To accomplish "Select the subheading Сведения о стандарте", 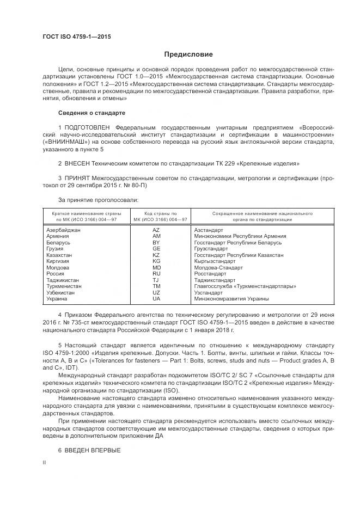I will [91, 113].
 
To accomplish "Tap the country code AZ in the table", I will [156, 230].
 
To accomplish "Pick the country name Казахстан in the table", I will [59, 255].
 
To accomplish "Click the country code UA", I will [156, 299].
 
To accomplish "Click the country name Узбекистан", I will [62, 292].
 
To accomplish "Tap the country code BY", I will [156, 243].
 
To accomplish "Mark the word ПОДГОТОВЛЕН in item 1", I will [87, 127].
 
